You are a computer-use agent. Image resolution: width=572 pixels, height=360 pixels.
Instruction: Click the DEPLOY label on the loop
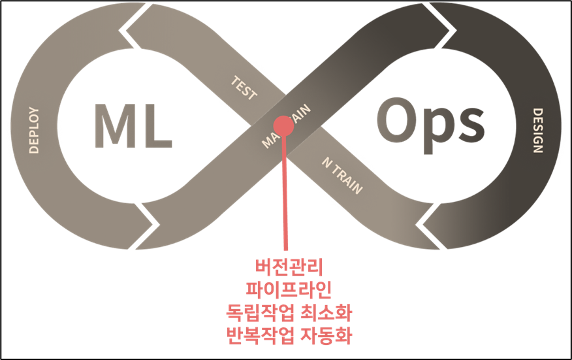coord(34,130)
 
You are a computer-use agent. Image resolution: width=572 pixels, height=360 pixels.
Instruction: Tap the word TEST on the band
coord(244,88)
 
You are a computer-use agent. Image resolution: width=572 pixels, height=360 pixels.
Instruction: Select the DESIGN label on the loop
coord(537,130)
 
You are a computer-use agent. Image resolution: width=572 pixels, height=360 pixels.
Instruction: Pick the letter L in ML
coord(157,123)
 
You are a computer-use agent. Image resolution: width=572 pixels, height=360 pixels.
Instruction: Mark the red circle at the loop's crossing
coord(284,125)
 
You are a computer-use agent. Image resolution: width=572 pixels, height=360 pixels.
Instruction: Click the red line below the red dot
coord(285,196)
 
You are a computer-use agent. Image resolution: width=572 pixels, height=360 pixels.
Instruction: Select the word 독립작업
coord(259,312)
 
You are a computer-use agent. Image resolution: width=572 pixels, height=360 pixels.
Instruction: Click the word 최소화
coord(323,312)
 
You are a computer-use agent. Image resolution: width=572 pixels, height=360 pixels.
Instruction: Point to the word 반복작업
coord(259,335)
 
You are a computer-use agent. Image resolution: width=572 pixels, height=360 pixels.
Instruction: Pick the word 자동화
coord(323,335)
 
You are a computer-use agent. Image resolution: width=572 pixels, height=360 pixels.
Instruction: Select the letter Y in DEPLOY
coord(34,112)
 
